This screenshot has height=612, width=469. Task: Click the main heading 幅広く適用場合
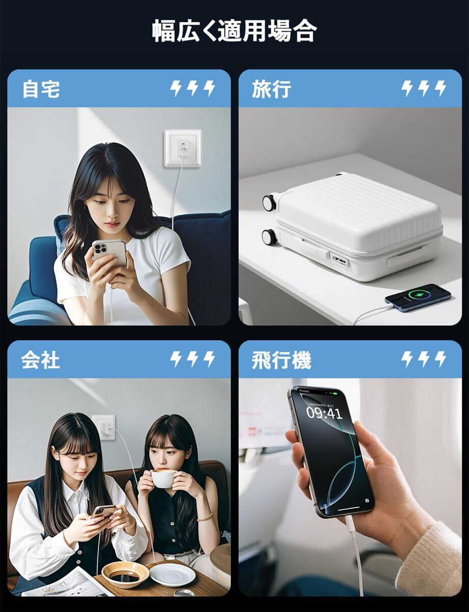(x=234, y=32)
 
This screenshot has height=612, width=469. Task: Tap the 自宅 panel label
(x=41, y=89)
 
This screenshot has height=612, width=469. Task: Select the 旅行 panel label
(x=271, y=89)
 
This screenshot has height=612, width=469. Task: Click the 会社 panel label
(x=40, y=360)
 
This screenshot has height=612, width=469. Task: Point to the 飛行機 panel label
(x=281, y=360)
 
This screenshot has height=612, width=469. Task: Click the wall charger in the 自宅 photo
(x=183, y=148)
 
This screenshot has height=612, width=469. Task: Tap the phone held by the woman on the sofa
(x=110, y=253)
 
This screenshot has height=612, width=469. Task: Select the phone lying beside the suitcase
(x=418, y=297)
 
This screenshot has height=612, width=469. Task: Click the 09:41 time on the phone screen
(x=324, y=413)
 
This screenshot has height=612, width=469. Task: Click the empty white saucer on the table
(x=172, y=574)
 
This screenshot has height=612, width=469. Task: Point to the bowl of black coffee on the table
(x=125, y=575)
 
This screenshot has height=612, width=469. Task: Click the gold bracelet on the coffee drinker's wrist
(x=204, y=517)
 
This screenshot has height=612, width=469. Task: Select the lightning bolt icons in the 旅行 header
(x=423, y=89)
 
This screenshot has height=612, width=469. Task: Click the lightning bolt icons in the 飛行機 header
(x=423, y=360)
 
